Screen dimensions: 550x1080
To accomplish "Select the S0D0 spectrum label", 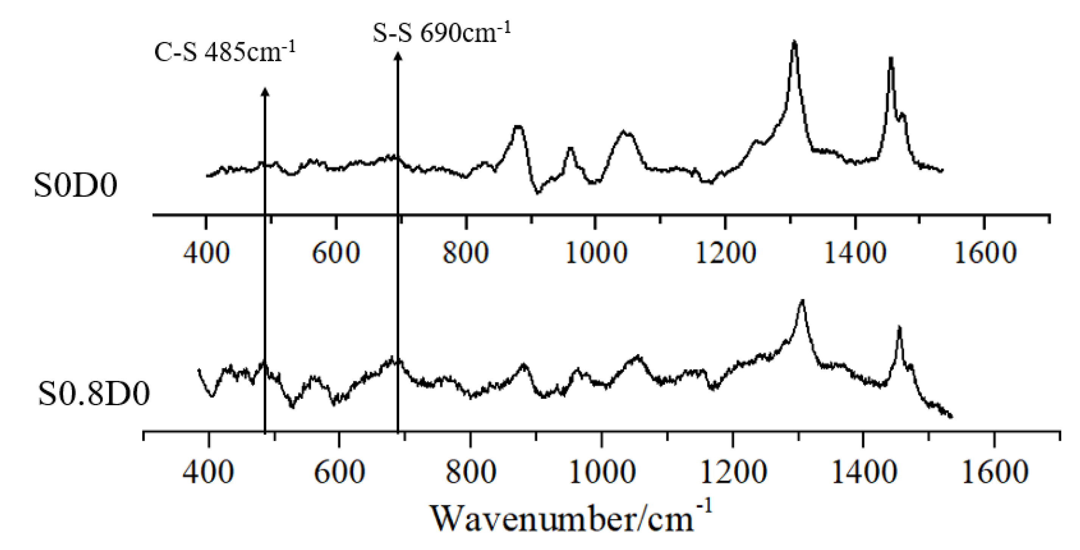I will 75,186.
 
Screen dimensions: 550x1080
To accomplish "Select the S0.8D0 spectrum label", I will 93,395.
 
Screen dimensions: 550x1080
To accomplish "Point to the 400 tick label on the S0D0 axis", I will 207,253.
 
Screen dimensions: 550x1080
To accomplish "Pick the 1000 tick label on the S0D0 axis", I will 596,253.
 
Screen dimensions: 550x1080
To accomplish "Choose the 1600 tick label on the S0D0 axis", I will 985,253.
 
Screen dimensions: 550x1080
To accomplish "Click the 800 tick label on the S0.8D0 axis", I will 471,472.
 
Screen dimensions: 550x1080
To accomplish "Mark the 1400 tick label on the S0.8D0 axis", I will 864,472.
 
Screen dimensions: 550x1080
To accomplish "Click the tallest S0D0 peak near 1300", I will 794,42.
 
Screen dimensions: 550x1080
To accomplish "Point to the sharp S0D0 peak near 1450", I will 891,59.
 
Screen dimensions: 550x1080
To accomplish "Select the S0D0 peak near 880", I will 518,126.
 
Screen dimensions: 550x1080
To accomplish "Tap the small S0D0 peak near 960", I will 570,148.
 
